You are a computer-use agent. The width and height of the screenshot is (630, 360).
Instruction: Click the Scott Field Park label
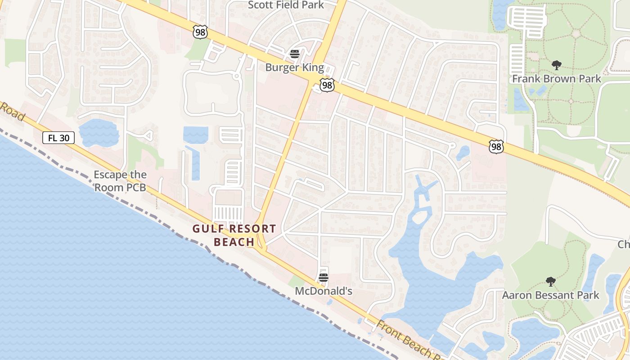pyautogui.click(x=286, y=5)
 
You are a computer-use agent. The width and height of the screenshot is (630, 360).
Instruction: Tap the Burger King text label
pyautogui.click(x=294, y=68)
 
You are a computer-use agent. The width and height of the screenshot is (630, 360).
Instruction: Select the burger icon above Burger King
pyautogui.click(x=295, y=54)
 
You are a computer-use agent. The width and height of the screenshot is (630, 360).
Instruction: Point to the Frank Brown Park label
pyautogui.click(x=557, y=79)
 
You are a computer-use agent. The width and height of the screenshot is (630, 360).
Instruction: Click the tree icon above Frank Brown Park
pyautogui.click(x=557, y=65)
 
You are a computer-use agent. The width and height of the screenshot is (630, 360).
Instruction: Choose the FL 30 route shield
pyautogui.click(x=58, y=138)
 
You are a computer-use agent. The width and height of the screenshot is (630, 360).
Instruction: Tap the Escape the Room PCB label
pyautogui.click(x=120, y=181)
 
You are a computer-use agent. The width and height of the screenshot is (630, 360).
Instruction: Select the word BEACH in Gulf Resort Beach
pyautogui.click(x=234, y=242)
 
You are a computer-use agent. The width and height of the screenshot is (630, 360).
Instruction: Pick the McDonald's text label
pyautogui.click(x=323, y=291)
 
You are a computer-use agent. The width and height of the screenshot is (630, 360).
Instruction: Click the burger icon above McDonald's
pyautogui.click(x=324, y=278)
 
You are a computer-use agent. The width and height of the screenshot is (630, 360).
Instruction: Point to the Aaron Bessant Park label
pyautogui.click(x=550, y=295)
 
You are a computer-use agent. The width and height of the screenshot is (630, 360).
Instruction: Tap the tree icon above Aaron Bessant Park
pyautogui.click(x=550, y=282)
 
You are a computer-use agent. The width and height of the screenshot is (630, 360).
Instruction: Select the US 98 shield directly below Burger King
pyautogui.click(x=327, y=85)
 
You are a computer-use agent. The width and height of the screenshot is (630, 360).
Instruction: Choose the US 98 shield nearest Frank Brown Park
pyautogui.click(x=496, y=146)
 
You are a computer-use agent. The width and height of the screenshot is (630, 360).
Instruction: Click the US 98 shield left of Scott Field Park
pyautogui.click(x=200, y=31)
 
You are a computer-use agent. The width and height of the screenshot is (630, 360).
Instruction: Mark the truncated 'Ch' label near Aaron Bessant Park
pyautogui.click(x=624, y=244)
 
